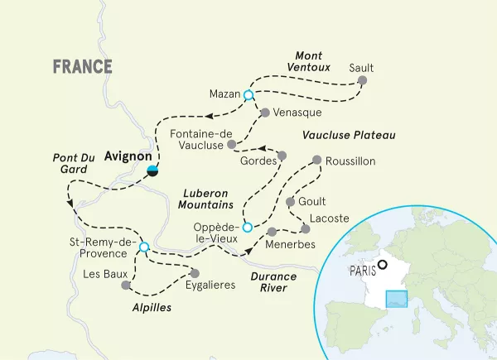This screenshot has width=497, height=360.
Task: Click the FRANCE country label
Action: click(83, 67)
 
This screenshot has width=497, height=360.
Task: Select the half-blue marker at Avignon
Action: click(152, 170)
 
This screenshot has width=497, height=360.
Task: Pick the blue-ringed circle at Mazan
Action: click(248, 95)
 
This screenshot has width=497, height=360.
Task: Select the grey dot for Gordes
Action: click(281, 156)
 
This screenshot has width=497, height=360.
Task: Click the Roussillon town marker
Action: click(316, 161)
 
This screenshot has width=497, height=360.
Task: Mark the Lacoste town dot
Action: click(302, 218)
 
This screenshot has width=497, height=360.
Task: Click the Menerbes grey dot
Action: click(273, 231)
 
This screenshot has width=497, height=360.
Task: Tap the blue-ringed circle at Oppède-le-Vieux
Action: click(246, 217)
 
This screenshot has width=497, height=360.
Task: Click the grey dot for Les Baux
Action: click(126, 286)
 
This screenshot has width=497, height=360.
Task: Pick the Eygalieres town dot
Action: click(195, 272)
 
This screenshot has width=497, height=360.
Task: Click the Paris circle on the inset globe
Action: click(383, 266)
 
